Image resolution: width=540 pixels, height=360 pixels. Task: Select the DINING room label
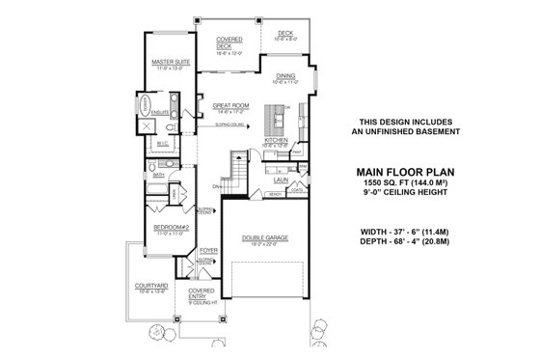point(284,75)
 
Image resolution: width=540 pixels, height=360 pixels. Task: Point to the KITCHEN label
point(277,140)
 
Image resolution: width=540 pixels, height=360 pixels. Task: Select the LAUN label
point(282,179)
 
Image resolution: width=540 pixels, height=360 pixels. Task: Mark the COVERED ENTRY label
point(202,292)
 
